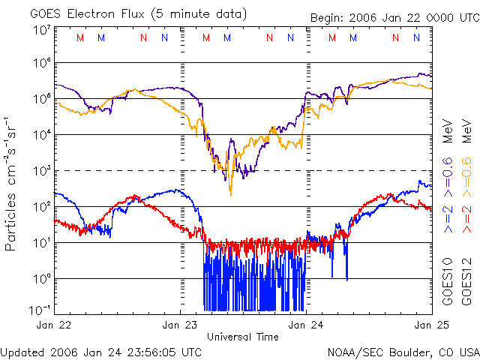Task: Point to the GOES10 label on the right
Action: pyautogui.click(x=448, y=282)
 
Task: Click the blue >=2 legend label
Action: pyautogui.click(x=448, y=222)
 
